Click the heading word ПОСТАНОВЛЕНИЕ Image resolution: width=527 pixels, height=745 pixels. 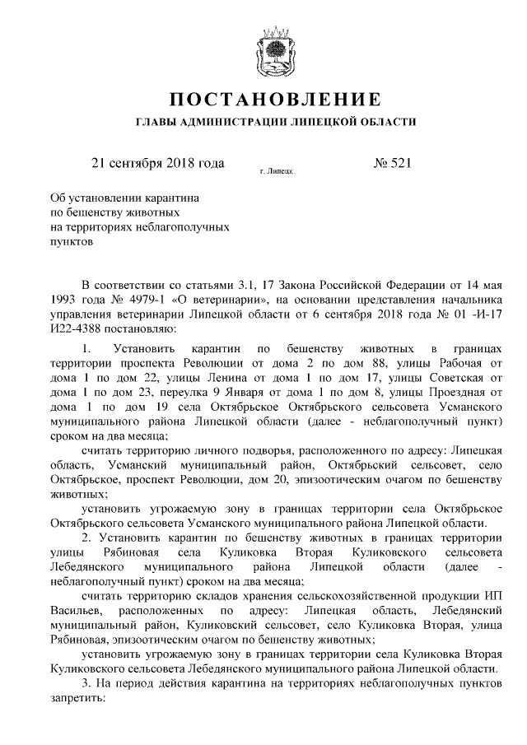pos(274,101)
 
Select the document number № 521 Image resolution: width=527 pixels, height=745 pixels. pos(392,164)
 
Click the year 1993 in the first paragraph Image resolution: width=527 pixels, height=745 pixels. pos(65,300)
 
